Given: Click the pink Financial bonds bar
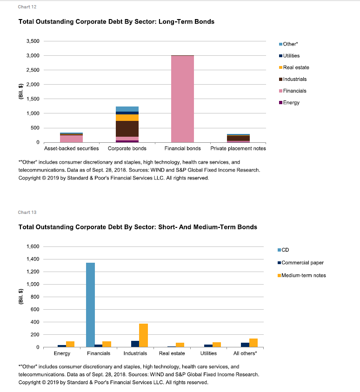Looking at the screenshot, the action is coord(182,99).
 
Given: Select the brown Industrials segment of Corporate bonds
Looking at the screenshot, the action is coord(127,129).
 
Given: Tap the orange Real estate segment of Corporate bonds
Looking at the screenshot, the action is coord(127,118).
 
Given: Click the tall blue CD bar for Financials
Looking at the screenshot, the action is coord(91,305).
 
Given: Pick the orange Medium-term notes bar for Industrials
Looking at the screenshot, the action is coord(144,335).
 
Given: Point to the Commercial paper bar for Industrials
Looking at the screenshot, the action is coord(135,344).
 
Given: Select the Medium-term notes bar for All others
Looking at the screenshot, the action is coord(253,343).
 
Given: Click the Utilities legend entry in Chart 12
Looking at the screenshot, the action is coord(289,56).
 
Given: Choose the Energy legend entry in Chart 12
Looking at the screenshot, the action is coord(289,102).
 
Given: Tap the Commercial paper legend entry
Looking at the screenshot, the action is coord(300,263).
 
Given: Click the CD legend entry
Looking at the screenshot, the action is coord(283,250).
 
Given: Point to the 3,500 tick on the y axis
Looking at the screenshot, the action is coord(33,41).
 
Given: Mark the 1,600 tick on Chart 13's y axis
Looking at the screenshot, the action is coord(33,246).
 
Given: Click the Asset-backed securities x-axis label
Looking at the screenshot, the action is coord(72,148).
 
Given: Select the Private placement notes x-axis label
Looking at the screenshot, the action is coord(238,148).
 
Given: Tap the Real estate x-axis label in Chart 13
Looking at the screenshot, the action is coord(172,353).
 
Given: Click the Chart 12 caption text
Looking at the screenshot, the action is coord(27,7).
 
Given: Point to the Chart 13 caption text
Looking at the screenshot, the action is coord(27,213).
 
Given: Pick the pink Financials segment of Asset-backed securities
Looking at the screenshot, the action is coord(72,139).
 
